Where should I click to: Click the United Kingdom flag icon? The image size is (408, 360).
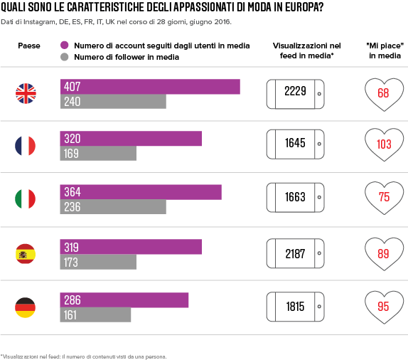point(26,93)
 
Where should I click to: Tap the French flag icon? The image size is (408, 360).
point(26,146)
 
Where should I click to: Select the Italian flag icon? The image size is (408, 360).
point(26,198)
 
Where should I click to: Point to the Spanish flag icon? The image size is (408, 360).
point(26,254)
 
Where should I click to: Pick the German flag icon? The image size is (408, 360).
point(26,307)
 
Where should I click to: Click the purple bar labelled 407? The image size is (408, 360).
point(150,87)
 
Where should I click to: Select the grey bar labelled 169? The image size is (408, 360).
point(98,153)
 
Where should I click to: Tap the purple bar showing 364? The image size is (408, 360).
point(141,192)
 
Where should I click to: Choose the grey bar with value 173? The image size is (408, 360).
point(98,262)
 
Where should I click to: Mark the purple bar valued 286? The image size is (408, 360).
point(124,300)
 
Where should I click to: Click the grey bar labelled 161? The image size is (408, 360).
point(95,314)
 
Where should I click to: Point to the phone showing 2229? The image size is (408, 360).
point(295,94)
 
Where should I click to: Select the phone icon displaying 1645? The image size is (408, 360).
point(295,144)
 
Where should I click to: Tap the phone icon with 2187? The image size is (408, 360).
point(295,253)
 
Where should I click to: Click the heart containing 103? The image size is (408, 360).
point(384,144)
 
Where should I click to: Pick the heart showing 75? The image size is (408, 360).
point(384,198)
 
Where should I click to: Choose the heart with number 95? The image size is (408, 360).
point(384,307)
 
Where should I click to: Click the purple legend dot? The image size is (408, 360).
point(65,45)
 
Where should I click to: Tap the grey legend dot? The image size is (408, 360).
point(65,57)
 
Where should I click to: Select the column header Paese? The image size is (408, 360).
point(29,46)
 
